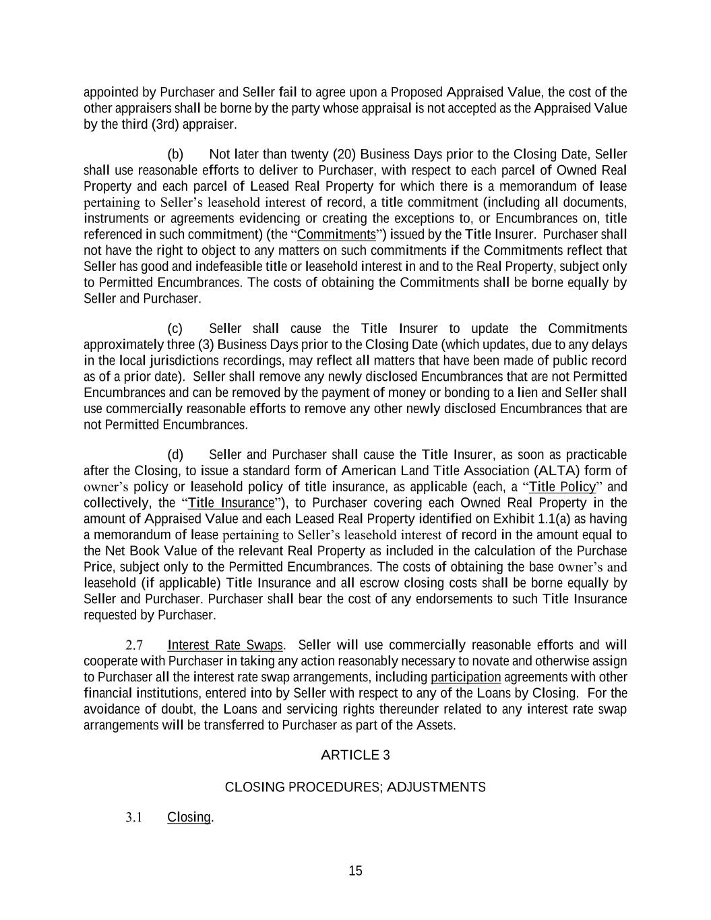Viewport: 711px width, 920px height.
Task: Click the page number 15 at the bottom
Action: click(355, 871)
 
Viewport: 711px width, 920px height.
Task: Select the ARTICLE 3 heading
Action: click(355, 755)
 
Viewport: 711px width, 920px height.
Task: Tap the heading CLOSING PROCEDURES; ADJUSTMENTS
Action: click(355, 787)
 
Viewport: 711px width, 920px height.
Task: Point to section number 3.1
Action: click(133, 818)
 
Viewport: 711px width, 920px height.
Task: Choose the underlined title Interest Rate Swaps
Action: click(225, 646)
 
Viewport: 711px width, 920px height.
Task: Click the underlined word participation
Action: click(466, 677)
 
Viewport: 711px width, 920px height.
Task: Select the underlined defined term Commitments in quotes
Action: click(336, 235)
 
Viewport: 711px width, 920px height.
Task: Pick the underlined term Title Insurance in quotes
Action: click(232, 503)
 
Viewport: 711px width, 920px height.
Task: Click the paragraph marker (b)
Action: click(175, 154)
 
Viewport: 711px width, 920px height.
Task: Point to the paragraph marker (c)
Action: click(175, 329)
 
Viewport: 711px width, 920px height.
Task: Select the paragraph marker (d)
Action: click(175, 455)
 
